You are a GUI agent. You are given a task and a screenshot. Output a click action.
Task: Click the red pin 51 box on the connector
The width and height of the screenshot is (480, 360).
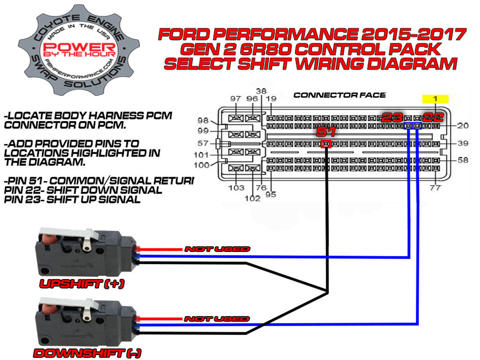[x=326, y=144]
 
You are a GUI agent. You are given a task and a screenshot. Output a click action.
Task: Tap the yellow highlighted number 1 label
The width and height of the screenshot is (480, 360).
[x=434, y=99]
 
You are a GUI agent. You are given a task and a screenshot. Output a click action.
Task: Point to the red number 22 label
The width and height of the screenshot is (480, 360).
[x=434, y=118]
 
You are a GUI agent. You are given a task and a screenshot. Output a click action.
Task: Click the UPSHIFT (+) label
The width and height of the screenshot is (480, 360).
[x=82, y=284]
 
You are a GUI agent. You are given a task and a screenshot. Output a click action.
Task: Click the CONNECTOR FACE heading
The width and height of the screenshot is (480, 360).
[x=340, y=95]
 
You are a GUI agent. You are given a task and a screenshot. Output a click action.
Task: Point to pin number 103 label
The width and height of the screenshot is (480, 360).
[x=236, y=188]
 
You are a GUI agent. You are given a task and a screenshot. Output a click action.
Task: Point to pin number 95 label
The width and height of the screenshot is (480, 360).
[x=271, y=194]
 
